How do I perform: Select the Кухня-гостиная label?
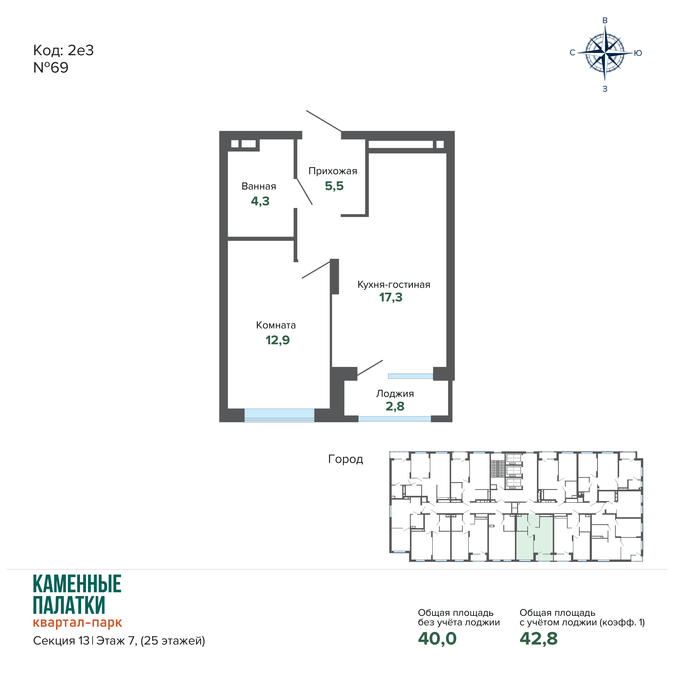(x=394, y=285)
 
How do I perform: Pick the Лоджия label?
(x=395, y=394)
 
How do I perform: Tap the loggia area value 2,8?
(x=395, y=406)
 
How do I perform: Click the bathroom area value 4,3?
(x=260, y=201)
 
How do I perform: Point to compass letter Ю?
(x=638, y=53)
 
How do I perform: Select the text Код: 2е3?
(x=63, y=51)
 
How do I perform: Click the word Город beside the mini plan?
(x=345, y=459)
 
